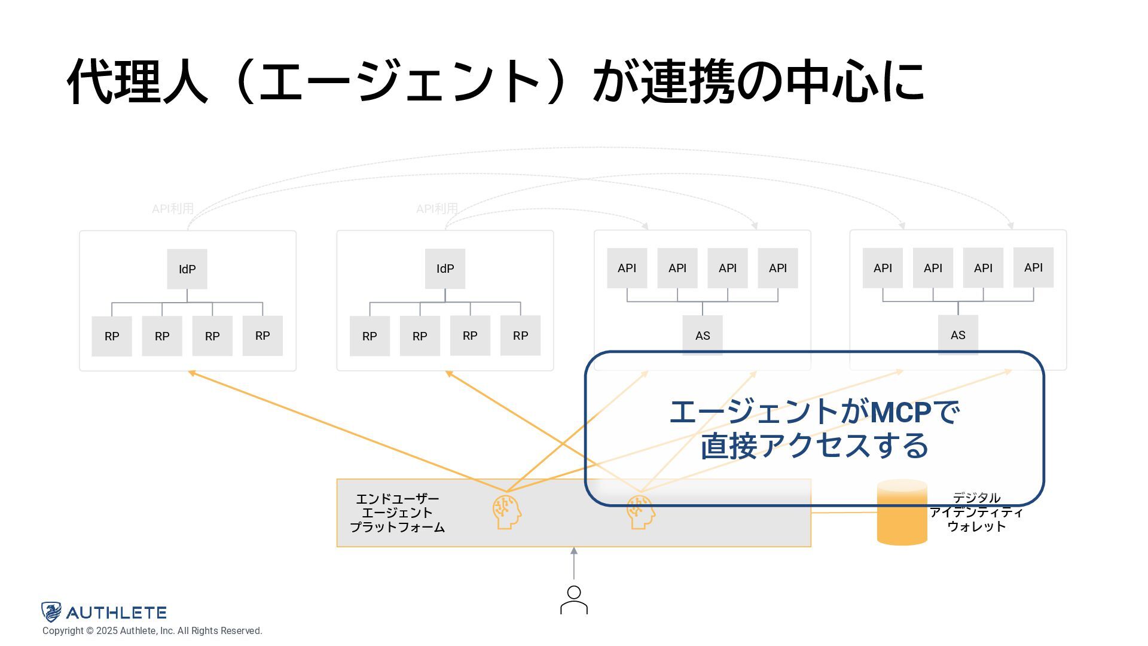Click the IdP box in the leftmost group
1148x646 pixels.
187,269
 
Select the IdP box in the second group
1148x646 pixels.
445,269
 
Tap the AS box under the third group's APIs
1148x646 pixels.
703,336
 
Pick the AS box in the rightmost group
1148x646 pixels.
958,335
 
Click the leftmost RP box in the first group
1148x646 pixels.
112,336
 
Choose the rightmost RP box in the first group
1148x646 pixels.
262,336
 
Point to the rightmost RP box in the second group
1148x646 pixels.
520,336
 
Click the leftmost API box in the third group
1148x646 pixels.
627,268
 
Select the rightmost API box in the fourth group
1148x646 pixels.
1033,267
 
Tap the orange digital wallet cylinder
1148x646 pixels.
902,513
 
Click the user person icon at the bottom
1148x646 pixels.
574,600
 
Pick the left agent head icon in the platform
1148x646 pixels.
506,512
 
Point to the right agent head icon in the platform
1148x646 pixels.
640,512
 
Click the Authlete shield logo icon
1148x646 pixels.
51,612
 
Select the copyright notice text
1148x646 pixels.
152,631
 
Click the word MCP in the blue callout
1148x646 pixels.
900,412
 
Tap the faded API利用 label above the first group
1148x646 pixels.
173,209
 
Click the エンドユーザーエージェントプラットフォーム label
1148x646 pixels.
397,513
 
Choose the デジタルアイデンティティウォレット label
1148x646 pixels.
976,512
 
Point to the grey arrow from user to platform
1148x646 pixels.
574,563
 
